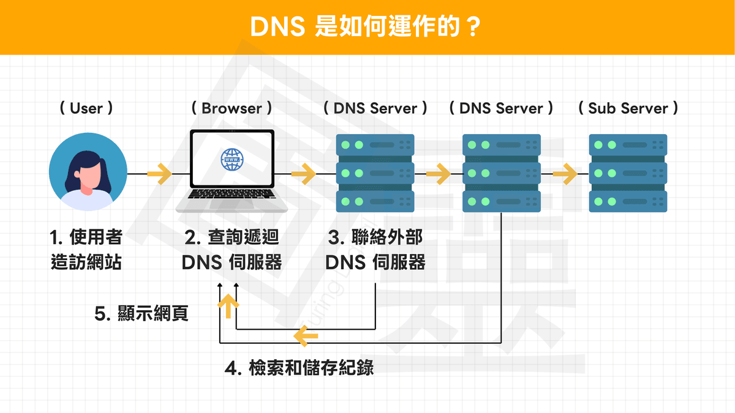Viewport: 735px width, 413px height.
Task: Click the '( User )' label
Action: click(86, 108)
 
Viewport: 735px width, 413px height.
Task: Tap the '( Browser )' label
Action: click(232, 108)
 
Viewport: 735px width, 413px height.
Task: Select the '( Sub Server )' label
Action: click(628, 108)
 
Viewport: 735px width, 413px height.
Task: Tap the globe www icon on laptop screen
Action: click(232, 160)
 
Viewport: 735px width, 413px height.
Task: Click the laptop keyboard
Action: click(232, 195)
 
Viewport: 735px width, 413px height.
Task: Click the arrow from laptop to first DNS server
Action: click(303, 174)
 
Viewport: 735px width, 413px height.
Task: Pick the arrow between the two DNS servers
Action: click(438, 174)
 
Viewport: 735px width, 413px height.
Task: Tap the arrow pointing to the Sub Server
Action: click(565, 174)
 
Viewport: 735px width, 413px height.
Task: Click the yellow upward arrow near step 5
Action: click(228, 305)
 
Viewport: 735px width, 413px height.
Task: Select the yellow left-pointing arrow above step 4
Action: click(306, 335)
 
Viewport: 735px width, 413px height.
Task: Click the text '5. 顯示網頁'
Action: click(141, 314)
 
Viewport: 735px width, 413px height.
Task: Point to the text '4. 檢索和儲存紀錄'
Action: click(299, 368)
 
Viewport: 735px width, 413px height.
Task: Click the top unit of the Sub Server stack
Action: click(628, 145)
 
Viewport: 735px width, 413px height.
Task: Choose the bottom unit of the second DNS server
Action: click(502, 201)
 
